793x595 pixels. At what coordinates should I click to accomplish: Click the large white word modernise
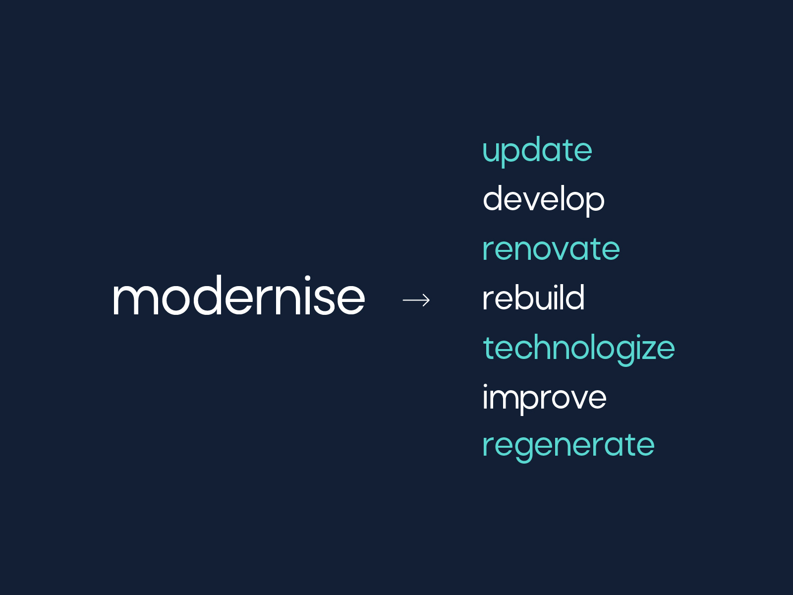(238, 297)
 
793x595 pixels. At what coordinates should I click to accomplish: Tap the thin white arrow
(416, 300)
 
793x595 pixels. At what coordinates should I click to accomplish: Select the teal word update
(537, 151)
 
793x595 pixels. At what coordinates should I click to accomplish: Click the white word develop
(543, 199)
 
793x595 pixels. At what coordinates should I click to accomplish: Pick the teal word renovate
(551, 249)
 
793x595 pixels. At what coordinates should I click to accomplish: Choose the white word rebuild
(533, 298)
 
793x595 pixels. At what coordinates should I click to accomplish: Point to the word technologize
(578, 348)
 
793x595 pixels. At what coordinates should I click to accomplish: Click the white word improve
(544, 398)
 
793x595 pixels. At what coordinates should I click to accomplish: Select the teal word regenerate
(568, 445)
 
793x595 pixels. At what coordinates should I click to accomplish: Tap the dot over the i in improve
(486, 387)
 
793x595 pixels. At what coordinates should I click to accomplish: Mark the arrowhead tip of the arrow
(429, 300)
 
